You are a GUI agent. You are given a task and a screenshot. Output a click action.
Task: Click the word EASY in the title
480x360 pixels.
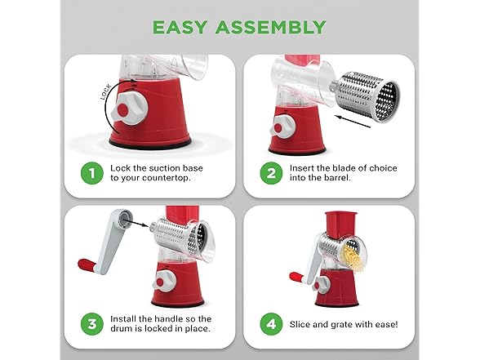point(180,27)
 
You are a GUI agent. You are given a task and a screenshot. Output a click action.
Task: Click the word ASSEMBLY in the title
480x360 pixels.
point(271,27)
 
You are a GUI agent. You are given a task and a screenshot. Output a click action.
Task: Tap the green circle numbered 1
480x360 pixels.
point(91,173)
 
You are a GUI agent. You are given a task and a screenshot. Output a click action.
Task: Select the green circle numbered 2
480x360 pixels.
point(271,173)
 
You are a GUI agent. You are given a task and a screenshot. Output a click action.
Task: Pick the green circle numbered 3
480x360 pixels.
point(91,324)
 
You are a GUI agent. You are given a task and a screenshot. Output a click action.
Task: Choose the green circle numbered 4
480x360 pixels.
point(271,324)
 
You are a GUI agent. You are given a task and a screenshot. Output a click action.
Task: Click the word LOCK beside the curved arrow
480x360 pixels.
point(106,91)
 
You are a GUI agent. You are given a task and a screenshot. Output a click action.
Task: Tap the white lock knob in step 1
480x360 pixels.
point(130,109)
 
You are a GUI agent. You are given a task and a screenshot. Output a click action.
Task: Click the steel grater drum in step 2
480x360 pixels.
point(366,97)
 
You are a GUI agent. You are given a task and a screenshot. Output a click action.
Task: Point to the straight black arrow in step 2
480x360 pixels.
point(353,121)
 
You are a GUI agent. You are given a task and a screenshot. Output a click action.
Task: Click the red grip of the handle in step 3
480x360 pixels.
point(87,264)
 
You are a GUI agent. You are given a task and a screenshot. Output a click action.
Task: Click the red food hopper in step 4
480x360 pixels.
point(341,224)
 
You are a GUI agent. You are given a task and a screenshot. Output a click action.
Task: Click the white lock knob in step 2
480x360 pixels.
point(282,127)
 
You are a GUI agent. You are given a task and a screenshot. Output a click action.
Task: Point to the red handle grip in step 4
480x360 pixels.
point(296,278)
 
